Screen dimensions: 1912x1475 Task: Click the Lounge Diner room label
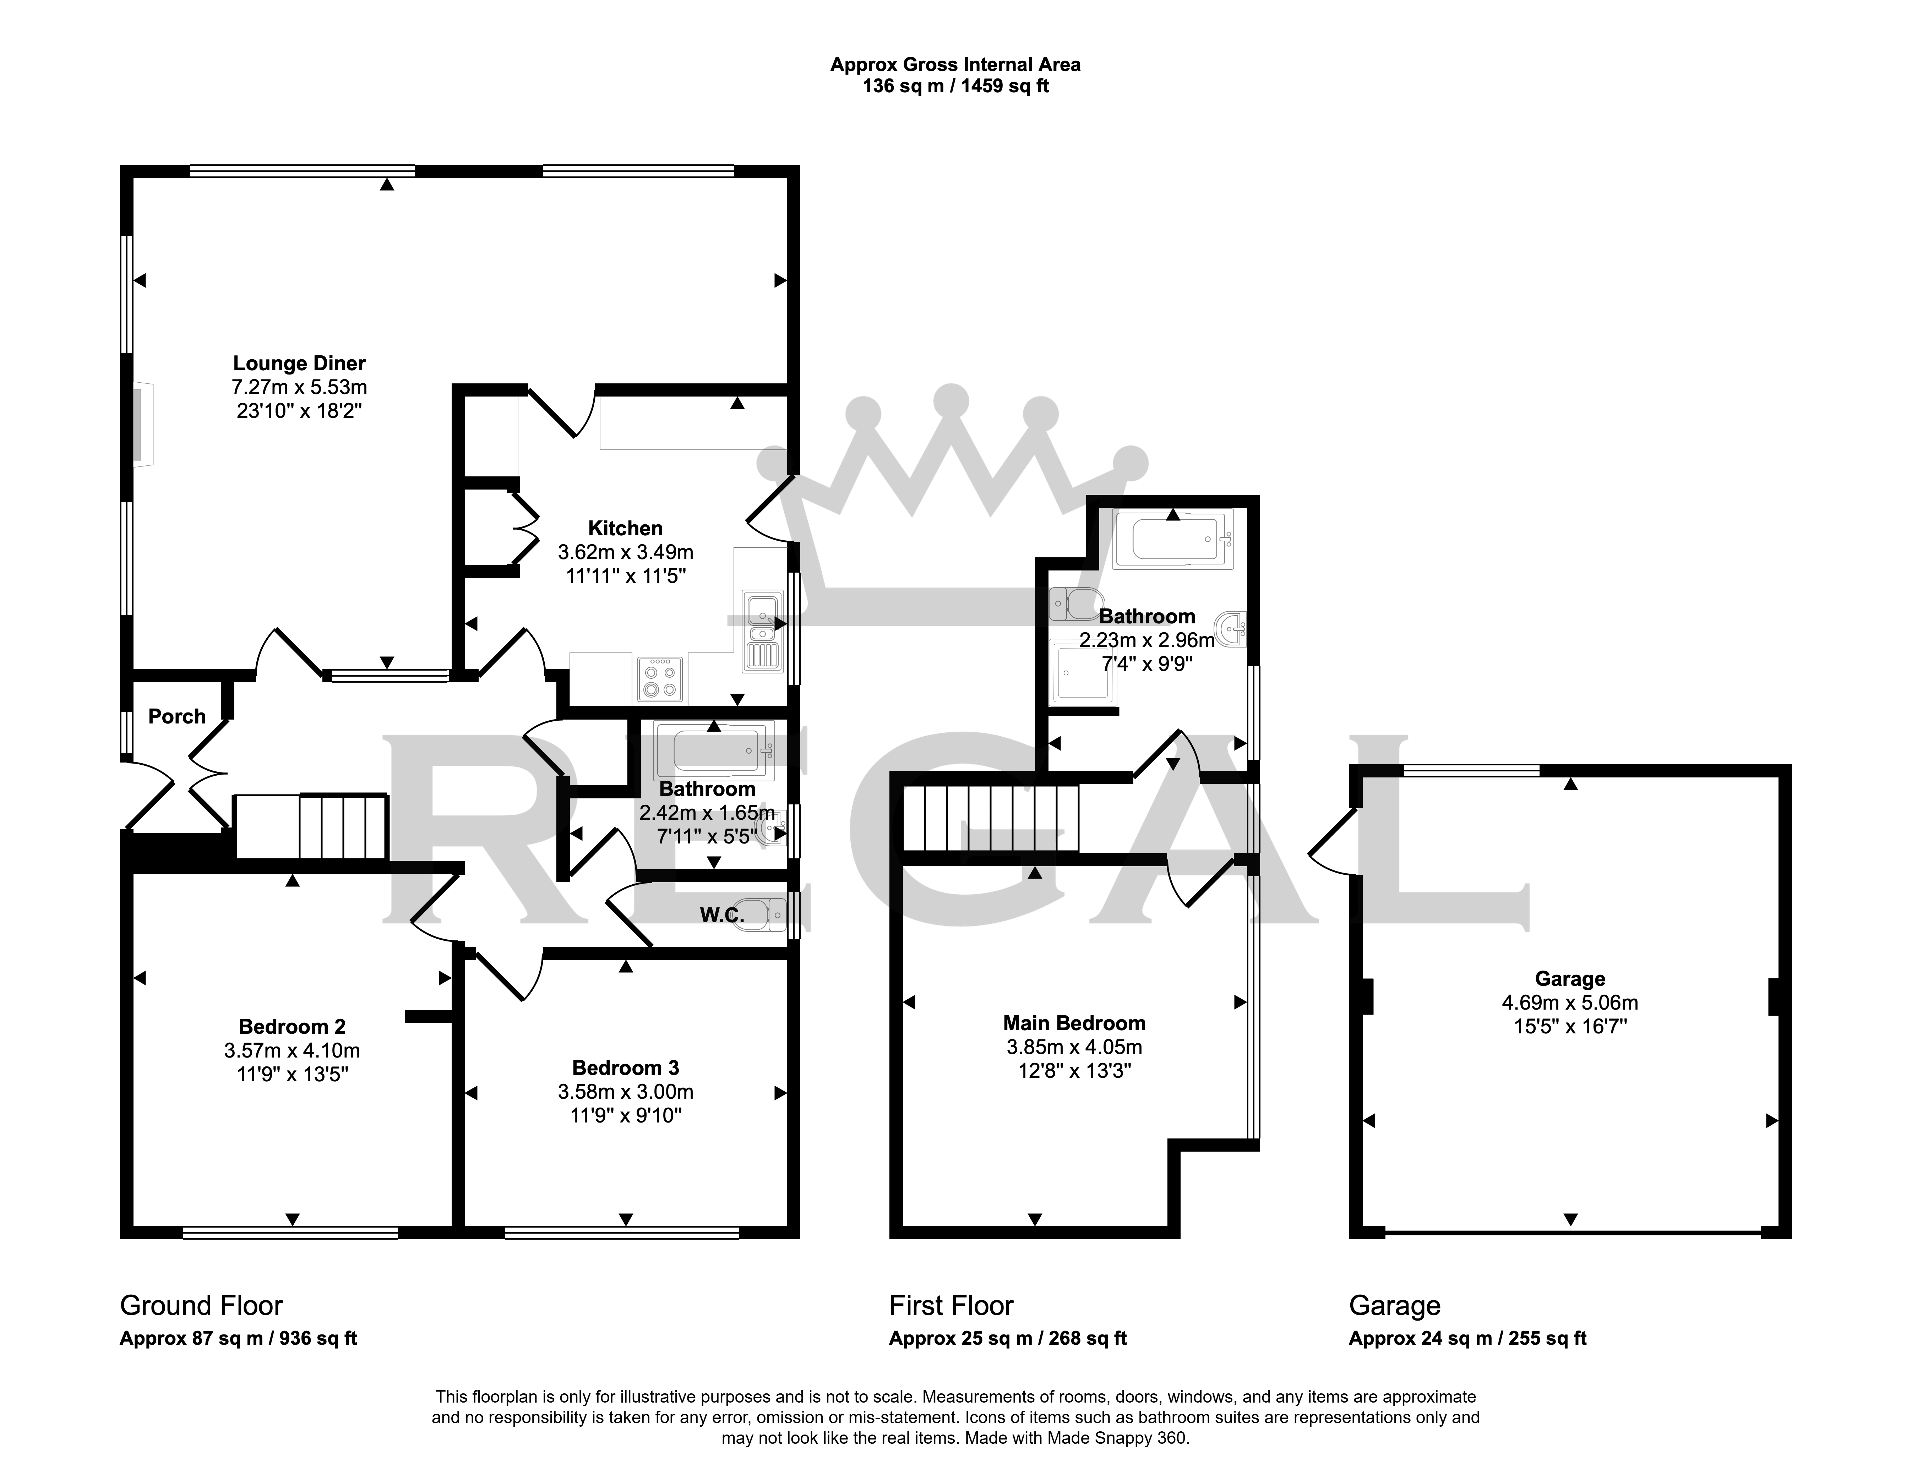tap(299, 363)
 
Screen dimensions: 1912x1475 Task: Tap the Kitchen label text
tap(625, 529)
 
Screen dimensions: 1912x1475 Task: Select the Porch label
tap(177, 717)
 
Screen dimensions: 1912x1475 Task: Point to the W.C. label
tap(722, 916)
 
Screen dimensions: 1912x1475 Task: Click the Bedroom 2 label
tap(293, 1027)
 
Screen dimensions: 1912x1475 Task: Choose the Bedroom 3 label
tap(625, 1068)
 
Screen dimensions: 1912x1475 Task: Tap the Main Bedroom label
tap(1074, 1023)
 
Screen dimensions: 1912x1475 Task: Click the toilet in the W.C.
tap(764, 915)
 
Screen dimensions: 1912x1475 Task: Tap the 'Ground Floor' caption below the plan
tap(201, 1306)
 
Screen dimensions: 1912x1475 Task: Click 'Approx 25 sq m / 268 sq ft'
tap(1008, 1338)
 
